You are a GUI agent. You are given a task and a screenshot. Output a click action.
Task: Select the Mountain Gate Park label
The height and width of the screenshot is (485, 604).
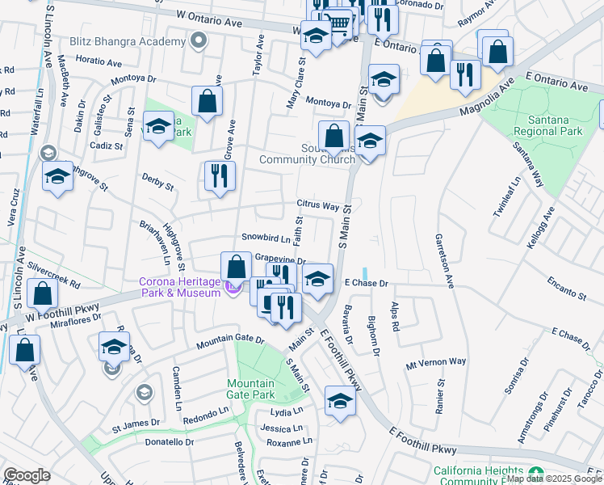(251, 389)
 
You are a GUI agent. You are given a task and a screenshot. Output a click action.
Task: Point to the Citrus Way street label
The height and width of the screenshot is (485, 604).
(317, 205)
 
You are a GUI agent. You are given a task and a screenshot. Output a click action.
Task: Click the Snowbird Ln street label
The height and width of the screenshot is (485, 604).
(265, 238)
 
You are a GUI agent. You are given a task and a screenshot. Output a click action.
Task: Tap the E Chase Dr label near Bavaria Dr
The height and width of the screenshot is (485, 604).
(367, 284)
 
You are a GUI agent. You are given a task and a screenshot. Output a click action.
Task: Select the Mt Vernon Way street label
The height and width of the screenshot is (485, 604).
(436, 361)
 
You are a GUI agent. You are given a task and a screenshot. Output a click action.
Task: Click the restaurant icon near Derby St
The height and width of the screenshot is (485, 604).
(220, 176)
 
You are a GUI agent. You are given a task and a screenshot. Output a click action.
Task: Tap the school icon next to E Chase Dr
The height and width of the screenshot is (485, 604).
(318, 279)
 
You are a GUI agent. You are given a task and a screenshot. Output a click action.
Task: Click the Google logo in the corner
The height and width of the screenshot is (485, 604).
(27, 475)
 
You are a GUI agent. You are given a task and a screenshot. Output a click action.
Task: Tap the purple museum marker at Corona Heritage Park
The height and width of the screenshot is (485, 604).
(234, 286)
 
